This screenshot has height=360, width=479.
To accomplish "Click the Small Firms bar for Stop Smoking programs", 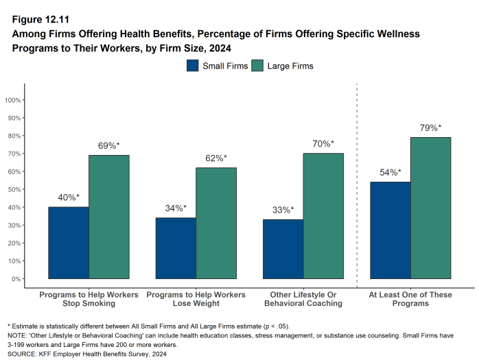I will click(x=69, y=243).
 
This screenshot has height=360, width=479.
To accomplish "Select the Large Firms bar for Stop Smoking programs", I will click(x=109, y=217).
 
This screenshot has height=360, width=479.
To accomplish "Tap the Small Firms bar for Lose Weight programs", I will click(x=176, y=248).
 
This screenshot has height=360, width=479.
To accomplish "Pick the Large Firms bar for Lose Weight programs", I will click(x=216, y=223).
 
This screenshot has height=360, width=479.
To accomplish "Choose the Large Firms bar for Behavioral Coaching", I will click(x=324, y=216).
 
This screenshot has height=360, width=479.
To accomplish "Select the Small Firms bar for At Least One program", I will click(x=390, y=230).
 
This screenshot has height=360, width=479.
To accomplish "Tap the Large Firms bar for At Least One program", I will click(x=431, y=208).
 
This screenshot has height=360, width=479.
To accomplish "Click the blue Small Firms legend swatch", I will click(x=193, y=66).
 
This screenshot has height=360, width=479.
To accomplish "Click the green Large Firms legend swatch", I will click(x=257, y=66).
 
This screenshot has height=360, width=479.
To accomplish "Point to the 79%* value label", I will click(x=430, y=128).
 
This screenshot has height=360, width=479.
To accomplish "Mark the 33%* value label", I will click(x=283, y=210).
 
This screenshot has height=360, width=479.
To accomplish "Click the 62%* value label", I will click(x=215, y=158).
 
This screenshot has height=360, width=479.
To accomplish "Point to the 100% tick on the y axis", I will click(x=14, y=100).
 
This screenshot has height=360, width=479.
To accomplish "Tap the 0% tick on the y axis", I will click(x=17, y=279).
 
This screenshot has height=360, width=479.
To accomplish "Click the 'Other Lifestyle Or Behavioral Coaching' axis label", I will click(x=303, y=299).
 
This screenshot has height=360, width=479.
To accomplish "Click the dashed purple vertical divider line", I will click(x=357, y=185).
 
